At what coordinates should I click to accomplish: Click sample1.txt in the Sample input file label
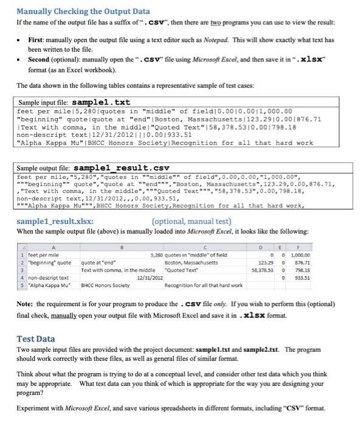[x=101, y=102]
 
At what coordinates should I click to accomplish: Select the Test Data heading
[x=38, y=340]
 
